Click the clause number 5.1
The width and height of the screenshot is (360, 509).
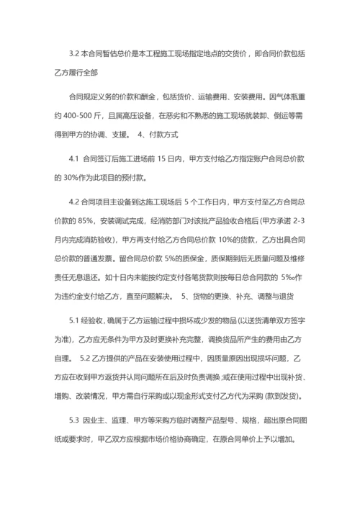[x=75, y=319]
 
